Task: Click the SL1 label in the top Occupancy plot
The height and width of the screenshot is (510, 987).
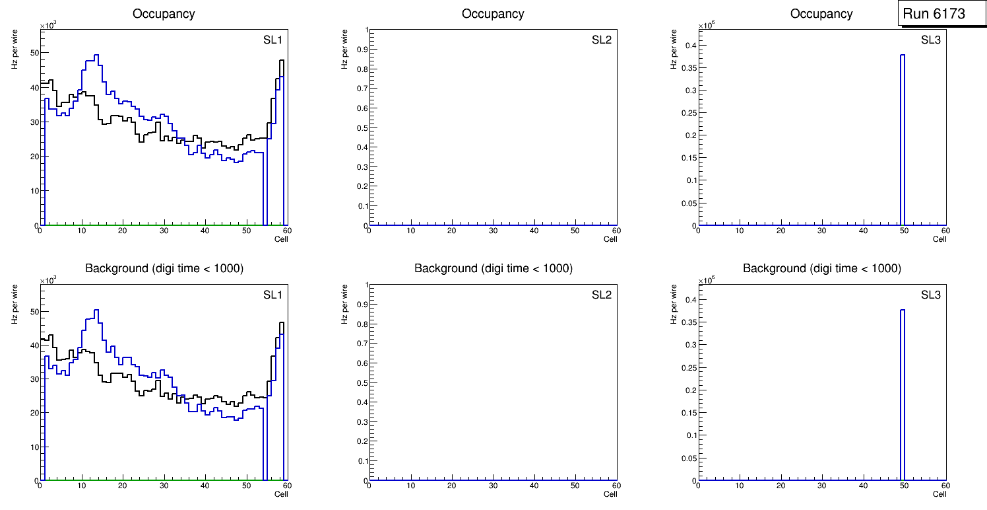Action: (272, 40)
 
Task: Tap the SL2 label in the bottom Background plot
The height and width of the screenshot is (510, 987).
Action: (602, 295)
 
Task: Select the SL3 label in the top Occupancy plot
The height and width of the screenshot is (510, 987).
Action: (930, 40)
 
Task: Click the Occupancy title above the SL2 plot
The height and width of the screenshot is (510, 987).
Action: (493, 13)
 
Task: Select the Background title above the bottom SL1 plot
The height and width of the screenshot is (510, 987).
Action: (164, 268)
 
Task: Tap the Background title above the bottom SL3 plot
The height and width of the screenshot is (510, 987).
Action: (821, 268)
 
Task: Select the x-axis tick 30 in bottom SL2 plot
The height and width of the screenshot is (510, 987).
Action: (493, 486)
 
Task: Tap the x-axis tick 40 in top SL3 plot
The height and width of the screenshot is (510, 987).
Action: (863, 231)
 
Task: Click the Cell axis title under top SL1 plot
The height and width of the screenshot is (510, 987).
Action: (281, 238)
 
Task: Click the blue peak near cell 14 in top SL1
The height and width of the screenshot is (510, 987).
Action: (96, 55)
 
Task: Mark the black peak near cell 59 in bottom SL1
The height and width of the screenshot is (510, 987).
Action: (282, 323)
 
